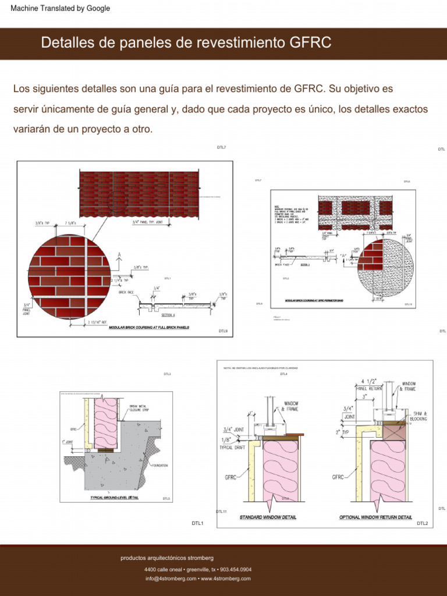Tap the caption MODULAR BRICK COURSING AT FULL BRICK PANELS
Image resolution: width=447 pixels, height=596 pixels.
(149, 328)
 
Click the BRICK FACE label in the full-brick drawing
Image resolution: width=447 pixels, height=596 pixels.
(126, 292)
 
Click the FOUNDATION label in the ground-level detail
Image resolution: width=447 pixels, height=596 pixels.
(160, 466)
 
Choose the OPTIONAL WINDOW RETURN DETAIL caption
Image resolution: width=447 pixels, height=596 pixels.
(375, 517)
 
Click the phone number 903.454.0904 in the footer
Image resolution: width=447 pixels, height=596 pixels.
(236, 569)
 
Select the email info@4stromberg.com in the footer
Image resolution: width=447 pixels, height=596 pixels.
(171, 579)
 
